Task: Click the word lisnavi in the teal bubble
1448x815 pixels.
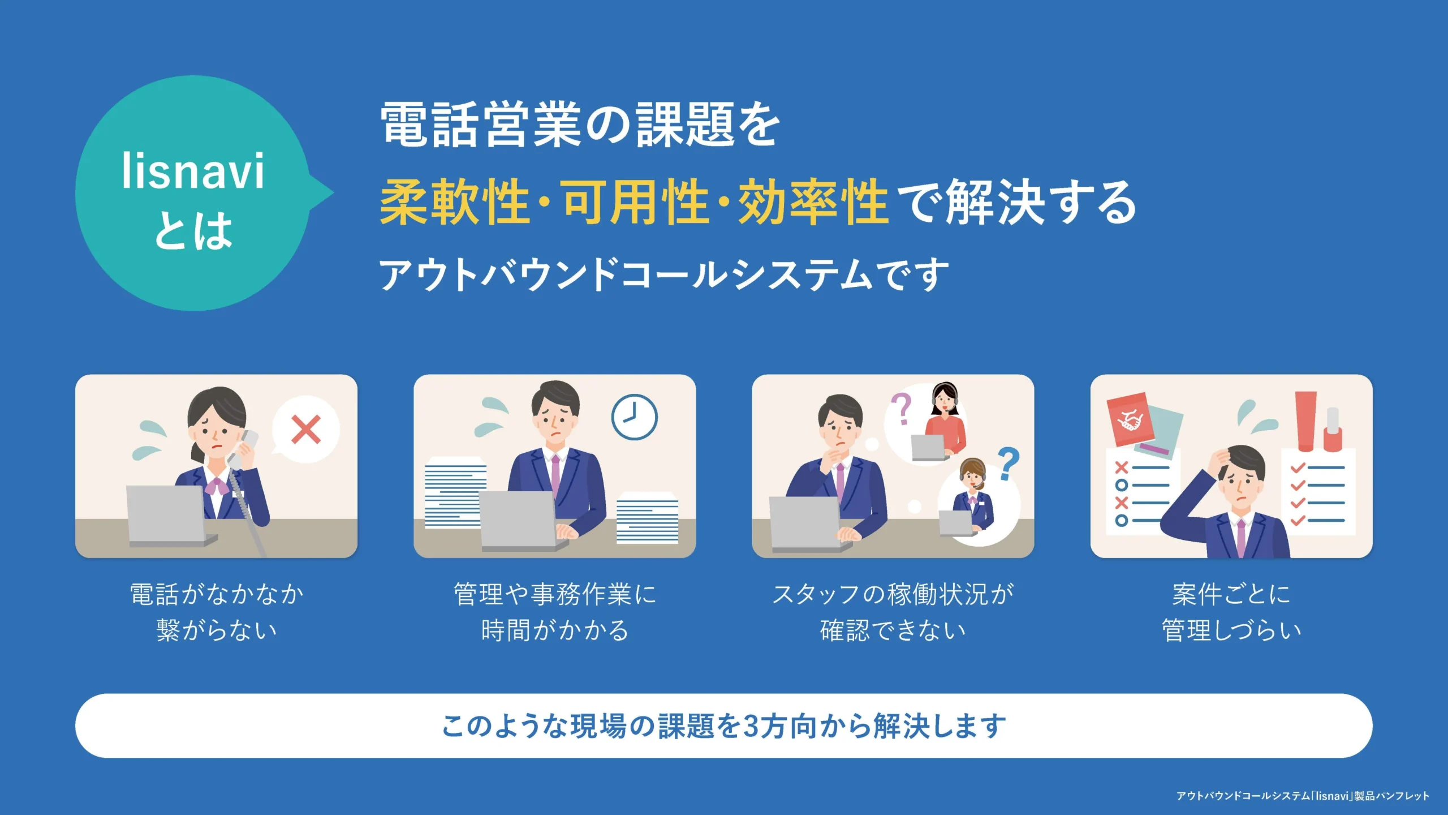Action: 193,171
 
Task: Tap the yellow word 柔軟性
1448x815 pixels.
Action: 454,202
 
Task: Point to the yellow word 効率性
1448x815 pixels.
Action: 813,202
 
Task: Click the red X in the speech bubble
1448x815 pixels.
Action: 306,430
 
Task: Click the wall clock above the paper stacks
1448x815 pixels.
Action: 634,417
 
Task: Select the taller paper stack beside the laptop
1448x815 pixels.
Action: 455,492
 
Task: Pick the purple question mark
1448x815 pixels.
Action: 902,409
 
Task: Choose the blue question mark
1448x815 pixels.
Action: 1008,464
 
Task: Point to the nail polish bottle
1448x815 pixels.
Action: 1333,430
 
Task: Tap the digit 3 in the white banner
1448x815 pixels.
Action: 750,726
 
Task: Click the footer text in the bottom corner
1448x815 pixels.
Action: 1303,796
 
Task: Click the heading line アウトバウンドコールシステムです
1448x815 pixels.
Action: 664,274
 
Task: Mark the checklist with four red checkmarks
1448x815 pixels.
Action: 1318,492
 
